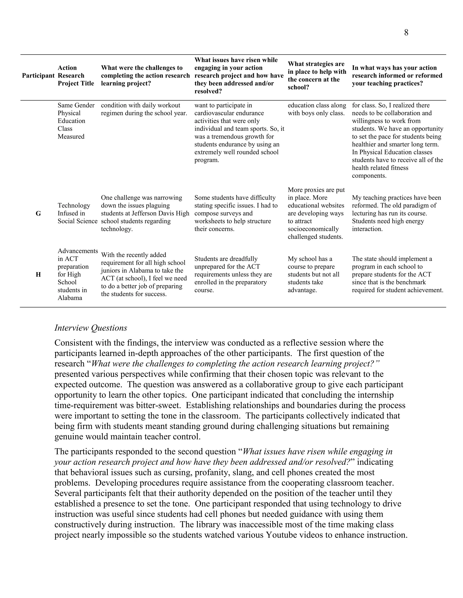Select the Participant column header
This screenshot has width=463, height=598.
(38, 76)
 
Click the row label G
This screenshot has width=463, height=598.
(38, 213)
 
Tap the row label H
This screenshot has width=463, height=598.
(38, 274)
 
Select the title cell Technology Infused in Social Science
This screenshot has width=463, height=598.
(77, 213)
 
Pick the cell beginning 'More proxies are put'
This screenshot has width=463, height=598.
(316, 213)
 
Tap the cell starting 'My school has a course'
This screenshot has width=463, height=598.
(314, 274)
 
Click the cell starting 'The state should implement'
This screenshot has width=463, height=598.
(397, 274)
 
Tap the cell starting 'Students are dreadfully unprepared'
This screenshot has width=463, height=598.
(233, 274)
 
